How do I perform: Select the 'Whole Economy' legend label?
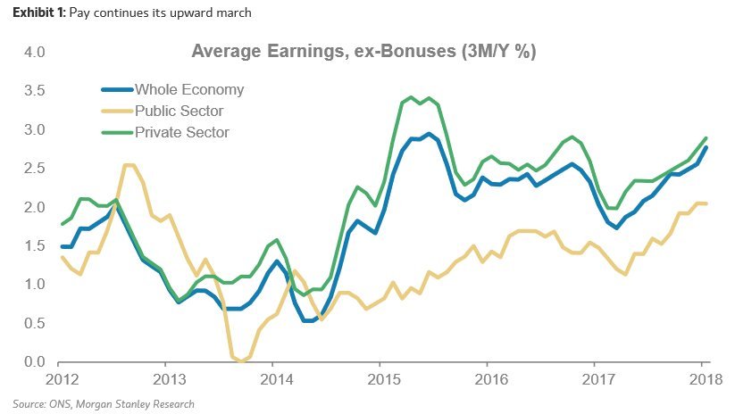188,90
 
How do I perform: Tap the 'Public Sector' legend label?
179,112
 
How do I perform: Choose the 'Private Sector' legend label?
181,132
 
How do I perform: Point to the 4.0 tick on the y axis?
34,53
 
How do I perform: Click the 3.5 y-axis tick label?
34,91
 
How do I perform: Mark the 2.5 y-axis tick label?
34,169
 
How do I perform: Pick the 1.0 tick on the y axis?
34,285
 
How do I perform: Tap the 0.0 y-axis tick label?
34,361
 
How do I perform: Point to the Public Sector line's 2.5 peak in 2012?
129,165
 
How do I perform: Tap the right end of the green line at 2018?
706,138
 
